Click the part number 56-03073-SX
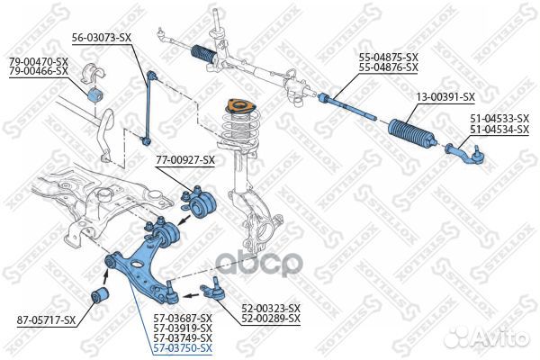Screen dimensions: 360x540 (102, 38)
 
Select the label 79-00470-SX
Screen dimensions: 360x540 (39, 60)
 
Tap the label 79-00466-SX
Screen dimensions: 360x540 (39, 69)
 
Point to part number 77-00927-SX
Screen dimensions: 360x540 (185, 160)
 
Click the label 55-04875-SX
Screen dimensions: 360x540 (389, 57)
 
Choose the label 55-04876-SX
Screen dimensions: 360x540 (389, 67)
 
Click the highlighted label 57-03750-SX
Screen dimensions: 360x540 (182, 347)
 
